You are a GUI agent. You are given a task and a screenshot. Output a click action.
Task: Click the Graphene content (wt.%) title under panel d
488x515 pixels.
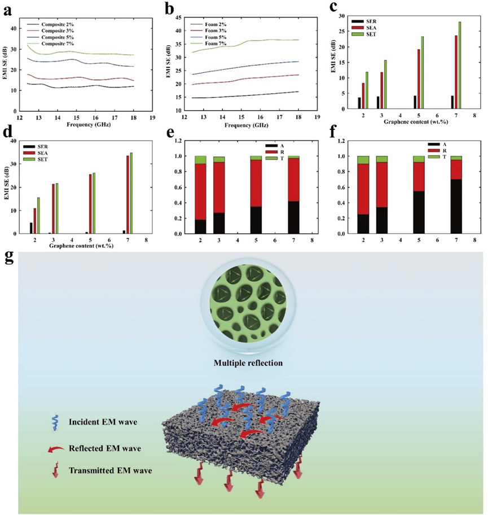84,246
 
